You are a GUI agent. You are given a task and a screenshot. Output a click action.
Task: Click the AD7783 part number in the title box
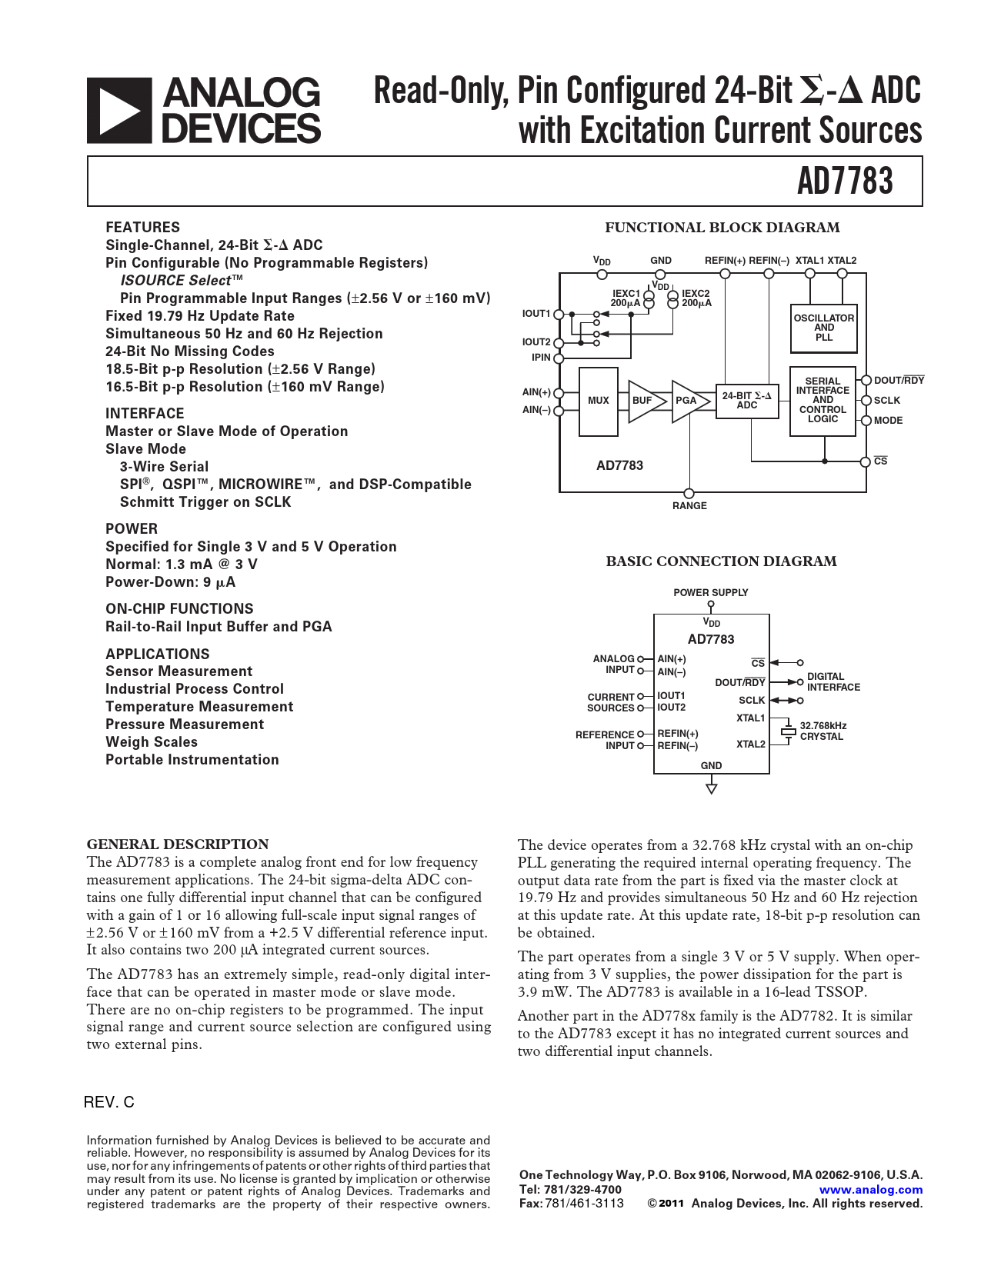[844, 182]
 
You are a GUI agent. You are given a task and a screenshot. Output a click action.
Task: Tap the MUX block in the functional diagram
[598, 401]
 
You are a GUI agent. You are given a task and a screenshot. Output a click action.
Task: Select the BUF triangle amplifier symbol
[644, 401]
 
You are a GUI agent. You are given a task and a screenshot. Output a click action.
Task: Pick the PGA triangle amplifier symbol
[687, 401]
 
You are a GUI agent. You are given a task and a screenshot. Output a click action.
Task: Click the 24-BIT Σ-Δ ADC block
[746, 401]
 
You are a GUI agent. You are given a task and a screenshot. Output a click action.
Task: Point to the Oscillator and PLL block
[823, 328]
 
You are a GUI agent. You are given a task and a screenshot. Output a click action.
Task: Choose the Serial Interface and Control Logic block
[823, 401]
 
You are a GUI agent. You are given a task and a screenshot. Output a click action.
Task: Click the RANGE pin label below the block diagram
[689, 506]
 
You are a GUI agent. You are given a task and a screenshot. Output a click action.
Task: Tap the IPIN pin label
[541, 358]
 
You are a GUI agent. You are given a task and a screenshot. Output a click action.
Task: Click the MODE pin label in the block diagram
[888, 421]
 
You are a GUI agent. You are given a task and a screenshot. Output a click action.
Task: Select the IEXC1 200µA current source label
[626, 298]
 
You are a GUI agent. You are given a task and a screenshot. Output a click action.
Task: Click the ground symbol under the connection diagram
[712, 788]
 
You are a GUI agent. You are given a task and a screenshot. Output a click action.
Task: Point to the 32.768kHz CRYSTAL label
[823, 731]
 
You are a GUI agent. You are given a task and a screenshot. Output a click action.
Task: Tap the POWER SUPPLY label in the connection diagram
[710, 593]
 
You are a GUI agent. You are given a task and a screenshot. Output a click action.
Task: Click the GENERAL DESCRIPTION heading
[178, 844]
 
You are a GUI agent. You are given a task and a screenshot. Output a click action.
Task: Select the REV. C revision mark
[108, 1102]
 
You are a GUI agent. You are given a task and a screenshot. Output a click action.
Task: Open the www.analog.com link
[871, 1190]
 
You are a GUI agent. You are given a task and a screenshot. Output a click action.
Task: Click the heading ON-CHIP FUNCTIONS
[179, 608]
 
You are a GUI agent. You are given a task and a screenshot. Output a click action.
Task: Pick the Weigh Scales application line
[152, 742]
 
